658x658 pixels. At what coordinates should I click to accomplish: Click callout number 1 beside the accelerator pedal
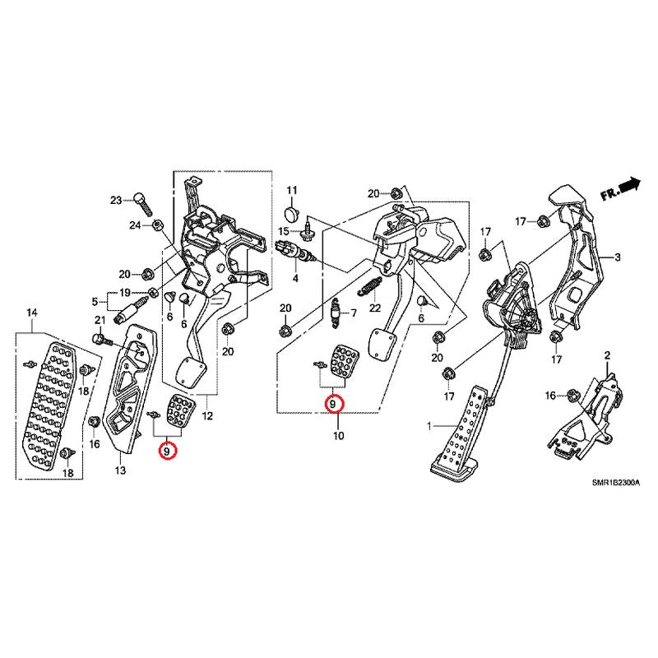[429, 426]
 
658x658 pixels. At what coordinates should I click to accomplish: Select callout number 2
[608, 355]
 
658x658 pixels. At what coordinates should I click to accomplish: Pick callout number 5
[95, 300]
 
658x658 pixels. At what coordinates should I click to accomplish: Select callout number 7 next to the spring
[354, 313]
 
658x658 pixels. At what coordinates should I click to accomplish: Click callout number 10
[338, 436]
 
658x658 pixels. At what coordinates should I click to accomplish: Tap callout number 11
[290, 191]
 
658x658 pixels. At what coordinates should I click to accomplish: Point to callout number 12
[207, 416]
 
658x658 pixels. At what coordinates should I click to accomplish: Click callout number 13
[120, 470]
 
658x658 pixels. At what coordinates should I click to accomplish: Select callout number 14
[32, 313]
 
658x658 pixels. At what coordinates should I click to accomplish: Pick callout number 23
[116, 200]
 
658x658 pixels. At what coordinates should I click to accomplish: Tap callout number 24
[135, 225]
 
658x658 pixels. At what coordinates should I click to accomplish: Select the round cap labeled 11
[290, 215]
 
